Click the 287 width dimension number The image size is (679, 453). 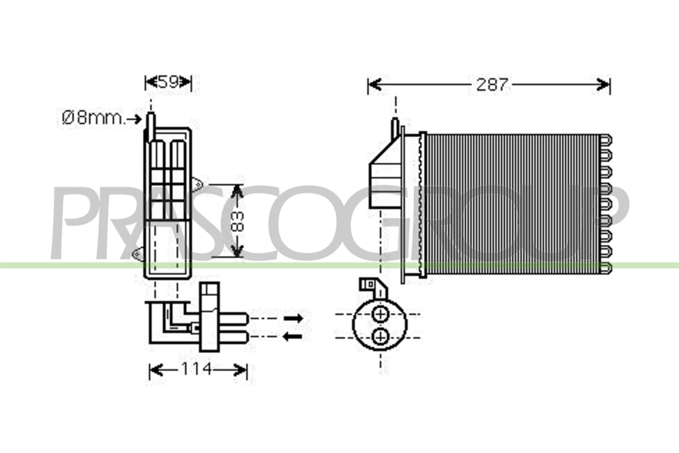click(492, 85)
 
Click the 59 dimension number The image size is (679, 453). click(168, 82)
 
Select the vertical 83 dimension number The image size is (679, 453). click(237, 222)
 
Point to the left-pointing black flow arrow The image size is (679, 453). click(293, 337)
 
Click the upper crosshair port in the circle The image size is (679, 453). click(381, 314)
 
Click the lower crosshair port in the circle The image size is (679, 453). click(381, 337)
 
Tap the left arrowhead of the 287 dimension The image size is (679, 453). click(374, 84)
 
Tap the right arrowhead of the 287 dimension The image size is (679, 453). click(603, 84)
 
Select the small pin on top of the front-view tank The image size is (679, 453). click(395, 128)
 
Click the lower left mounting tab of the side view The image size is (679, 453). click(138, 255)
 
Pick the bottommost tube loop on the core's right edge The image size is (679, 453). click(606, 268)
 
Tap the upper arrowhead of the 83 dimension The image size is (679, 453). click(237, 191)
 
